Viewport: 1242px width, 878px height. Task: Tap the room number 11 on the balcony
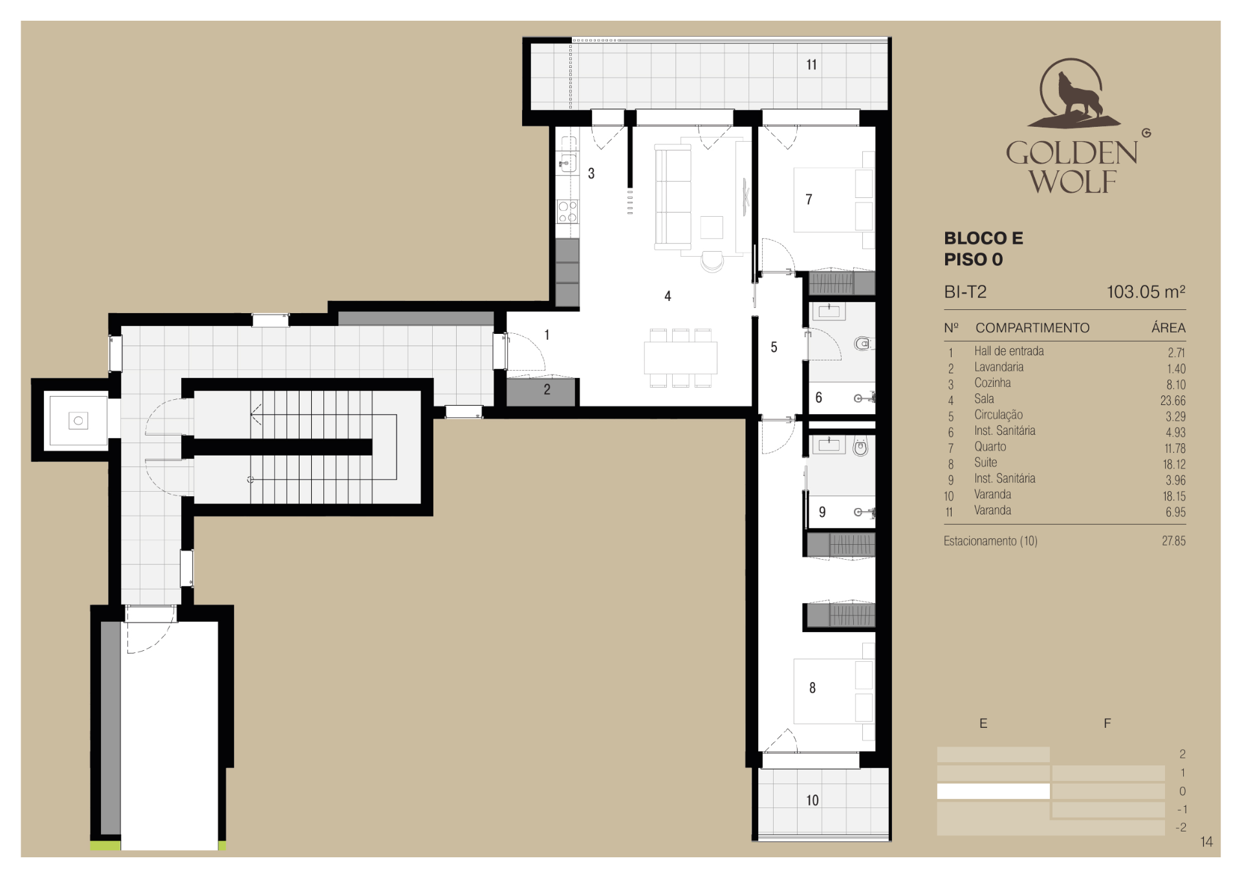click(x=811, y=65)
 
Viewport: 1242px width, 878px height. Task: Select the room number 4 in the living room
click(x=668, y=296)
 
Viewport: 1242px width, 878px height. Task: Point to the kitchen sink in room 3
click(x=567, y=162)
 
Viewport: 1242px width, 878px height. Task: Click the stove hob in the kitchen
click(x=567, y=211)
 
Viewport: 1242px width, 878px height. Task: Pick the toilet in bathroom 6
click(x=862, y=344)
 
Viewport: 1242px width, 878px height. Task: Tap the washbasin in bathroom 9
click(x=829, y=445)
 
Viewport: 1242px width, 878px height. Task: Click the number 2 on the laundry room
click(x=547, y=390)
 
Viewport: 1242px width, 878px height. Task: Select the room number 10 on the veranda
click(x=812, y=800)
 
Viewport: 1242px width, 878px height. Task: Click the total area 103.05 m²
click(x=1146, y=292)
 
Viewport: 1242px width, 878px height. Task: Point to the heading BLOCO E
click(x=983, y=238)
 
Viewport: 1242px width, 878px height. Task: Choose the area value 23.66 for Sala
click(x=1173, y=401)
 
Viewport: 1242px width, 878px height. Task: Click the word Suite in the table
click(x=985, y=463)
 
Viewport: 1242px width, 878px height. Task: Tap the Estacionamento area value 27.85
click(x=1173, y=541)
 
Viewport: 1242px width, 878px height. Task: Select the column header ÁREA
click(x=1168, y=327)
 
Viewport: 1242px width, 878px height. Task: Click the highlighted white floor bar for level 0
click(x=993, y=791)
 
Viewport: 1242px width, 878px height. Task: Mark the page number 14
click(x=1206, y=842)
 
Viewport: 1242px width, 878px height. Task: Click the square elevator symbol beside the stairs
click(x=78, y=421)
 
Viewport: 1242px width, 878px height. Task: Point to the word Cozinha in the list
click(x=992, y=383)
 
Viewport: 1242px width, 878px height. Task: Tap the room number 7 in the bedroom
click(x=809, y=199)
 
